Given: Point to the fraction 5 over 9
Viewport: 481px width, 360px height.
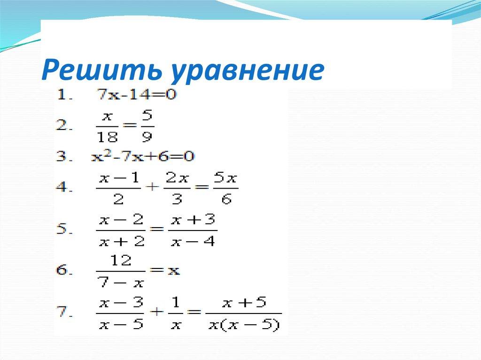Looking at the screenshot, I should [x=147, y=126].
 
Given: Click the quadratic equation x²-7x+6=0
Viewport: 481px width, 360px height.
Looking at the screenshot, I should [x=142, y=156].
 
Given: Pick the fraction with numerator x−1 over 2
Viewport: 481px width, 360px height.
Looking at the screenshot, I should [x=118, y=189].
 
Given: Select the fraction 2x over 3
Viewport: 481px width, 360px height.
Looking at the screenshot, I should [x=174, y=189].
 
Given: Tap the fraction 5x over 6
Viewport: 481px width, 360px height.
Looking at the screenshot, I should [x=226, y=189].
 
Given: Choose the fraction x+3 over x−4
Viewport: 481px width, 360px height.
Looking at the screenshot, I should [x=193, y=230].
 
